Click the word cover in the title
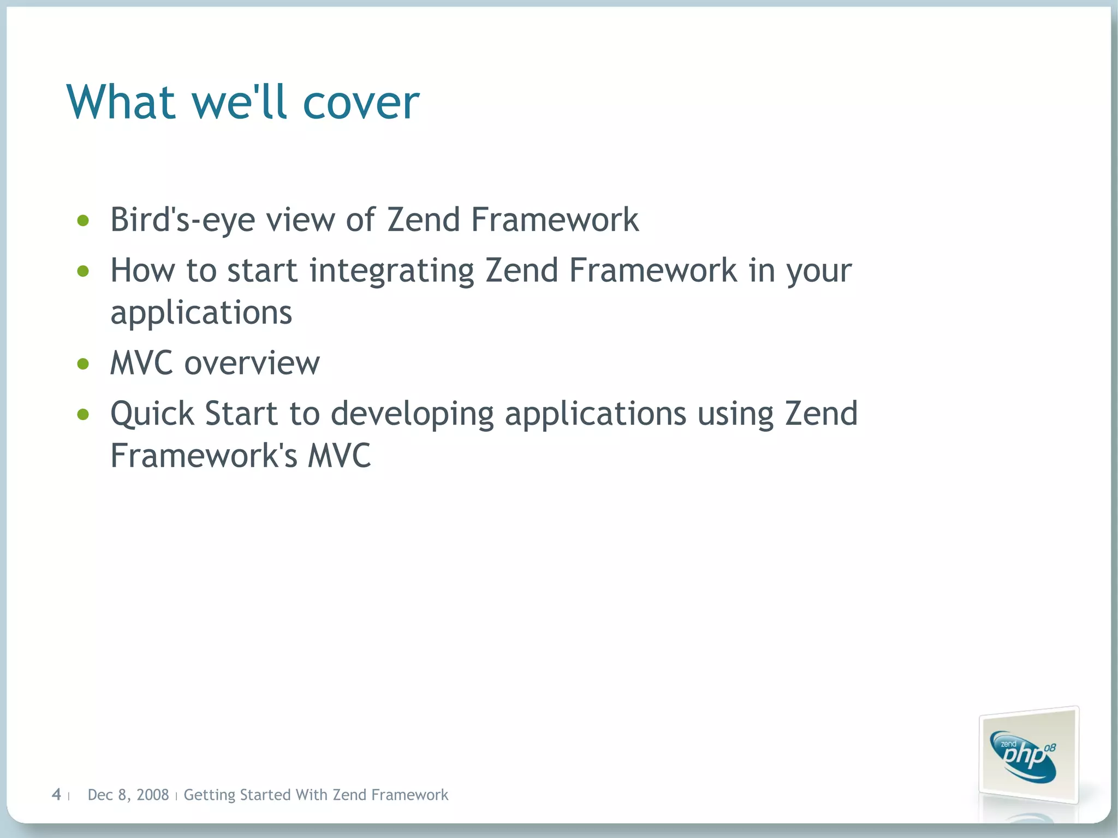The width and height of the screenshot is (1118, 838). (360, 104)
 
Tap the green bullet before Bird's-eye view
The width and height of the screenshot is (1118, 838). (83, 221)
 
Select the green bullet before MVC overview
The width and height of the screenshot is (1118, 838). (83, 364)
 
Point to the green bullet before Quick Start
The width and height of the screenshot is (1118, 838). (83, 414)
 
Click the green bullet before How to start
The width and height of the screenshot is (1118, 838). (83, 271)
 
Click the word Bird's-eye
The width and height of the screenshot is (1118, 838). (182, 221)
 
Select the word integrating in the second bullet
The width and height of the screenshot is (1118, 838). (391, 271)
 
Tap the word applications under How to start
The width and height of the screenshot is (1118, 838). (201, 313)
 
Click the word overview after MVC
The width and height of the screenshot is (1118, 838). (252, 364)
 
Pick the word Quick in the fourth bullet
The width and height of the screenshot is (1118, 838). (152, 414)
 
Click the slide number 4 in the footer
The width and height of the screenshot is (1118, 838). (56, 794)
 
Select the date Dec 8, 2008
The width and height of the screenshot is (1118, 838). (128, 795)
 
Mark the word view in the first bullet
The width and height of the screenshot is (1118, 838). (300, 221)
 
